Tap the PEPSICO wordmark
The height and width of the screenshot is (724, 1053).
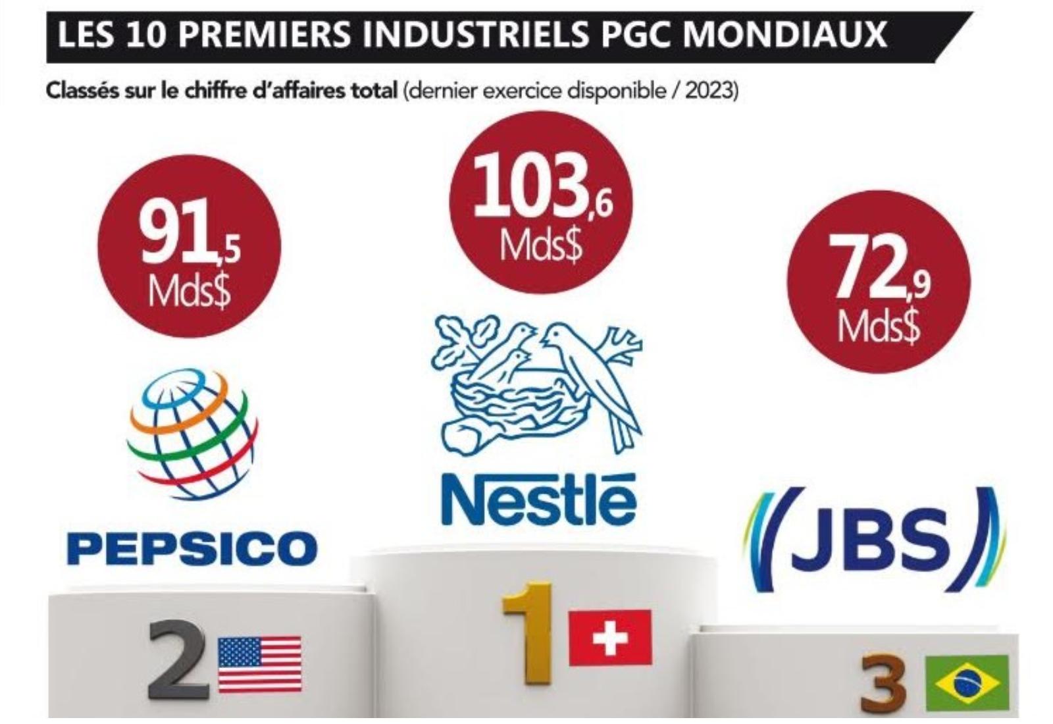pyautogui.click(x=192, y=548)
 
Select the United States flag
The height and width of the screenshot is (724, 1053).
pyautogui.click(x=259, y=663)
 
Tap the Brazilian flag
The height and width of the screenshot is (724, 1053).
pyautogui.click(x=967, y=683)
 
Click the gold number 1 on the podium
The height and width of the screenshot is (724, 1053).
pyautogui.click(x=527, y=632)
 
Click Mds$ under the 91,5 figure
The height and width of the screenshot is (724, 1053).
pyautogui.click(x=189, y=292)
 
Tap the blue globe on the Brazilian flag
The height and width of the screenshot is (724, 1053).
pyautogui.click(x=967, y=683)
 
